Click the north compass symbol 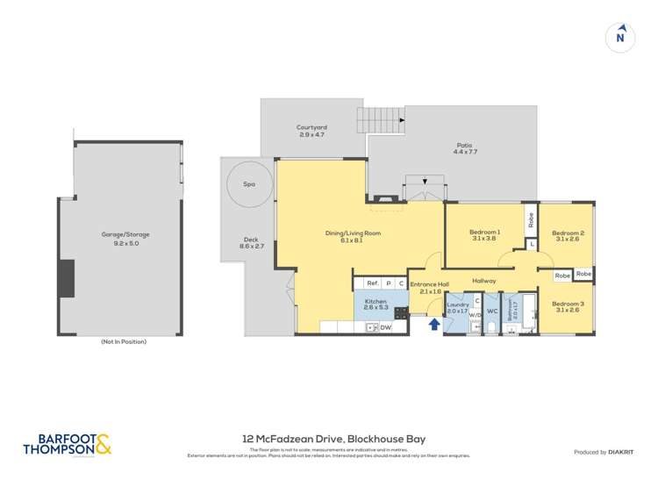pos(620,37)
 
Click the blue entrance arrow pos(433,326)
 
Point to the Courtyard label pos(311,131)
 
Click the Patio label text pos(464,148)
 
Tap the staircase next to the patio pos(380,120)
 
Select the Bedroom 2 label pos(568,236)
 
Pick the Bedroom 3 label pos(568,307)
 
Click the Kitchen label pos(375,304)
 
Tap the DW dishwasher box pos(385,327)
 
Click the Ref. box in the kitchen pos(372,283)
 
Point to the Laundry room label pos(457,308)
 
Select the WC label pos(491,311)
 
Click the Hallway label pos(484,281)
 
